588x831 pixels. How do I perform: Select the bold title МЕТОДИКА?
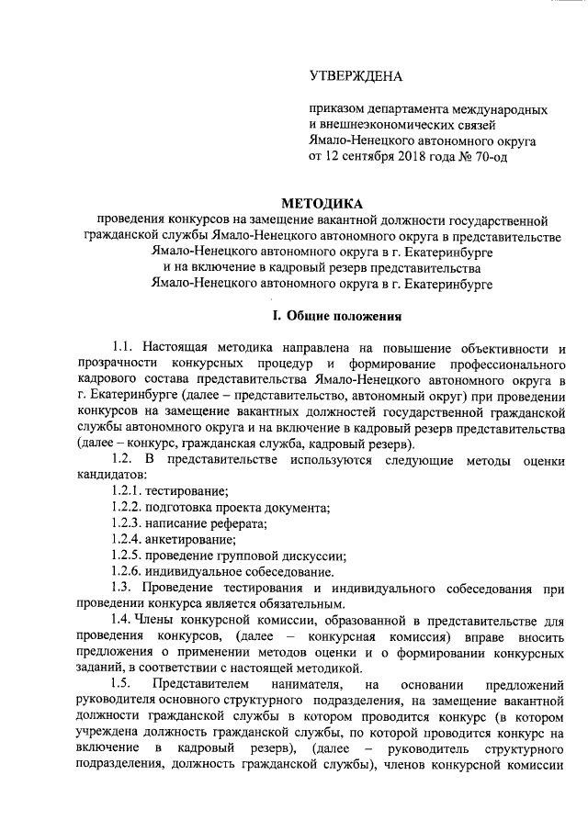pos(321,203)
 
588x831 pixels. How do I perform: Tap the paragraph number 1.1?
pos(123,349)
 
